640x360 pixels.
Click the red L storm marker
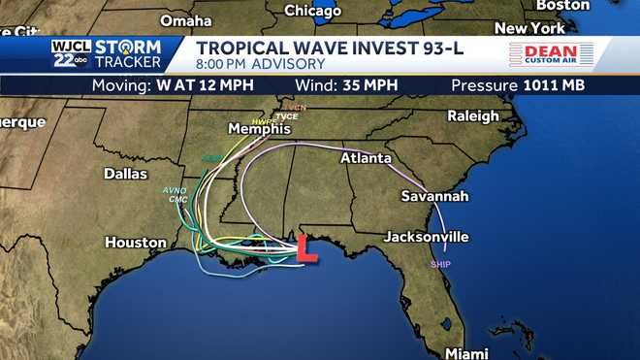click(x=306, y=248)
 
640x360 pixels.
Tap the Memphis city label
click(x=259, y=129)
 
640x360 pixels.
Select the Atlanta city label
click(x=366, y=158)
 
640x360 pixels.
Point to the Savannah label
click(x=434, y=196)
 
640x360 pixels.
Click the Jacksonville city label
click(x=427, y=236)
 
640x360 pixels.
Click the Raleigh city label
click(x=473, y=115)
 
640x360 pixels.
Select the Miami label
click(x=466, y=352)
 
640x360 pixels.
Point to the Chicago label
click(x=313, y=11)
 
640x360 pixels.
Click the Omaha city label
click(x=186, y=20)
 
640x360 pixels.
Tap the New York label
click(x=529, y=28)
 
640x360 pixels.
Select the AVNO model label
click(x=175, y=190)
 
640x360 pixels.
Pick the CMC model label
click(x=177, y=200)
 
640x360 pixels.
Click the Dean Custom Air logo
click(x=543, y=55)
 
